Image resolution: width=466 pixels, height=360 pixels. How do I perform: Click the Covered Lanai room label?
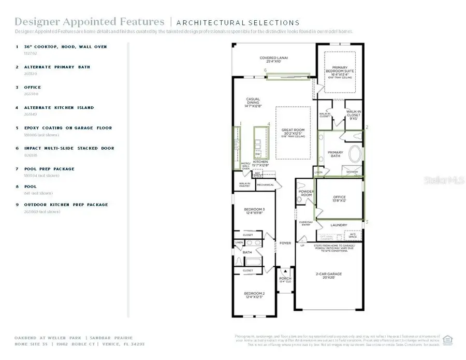(274, 60)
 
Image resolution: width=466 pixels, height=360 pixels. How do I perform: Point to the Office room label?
(339, 198)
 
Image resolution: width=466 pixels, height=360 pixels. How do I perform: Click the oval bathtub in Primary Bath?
(355, 155)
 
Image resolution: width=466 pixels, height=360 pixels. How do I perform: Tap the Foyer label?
(285, 242)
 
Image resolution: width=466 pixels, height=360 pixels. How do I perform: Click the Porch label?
(285, 279)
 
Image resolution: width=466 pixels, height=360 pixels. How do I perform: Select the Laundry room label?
(339, 225)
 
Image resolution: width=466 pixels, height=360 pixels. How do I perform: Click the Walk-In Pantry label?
(244, 184)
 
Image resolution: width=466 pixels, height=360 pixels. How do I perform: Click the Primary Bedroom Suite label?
(340, 70)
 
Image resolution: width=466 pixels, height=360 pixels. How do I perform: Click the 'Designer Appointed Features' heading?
(89, 22)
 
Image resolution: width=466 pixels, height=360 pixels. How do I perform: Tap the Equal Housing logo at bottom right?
(448, 340)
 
